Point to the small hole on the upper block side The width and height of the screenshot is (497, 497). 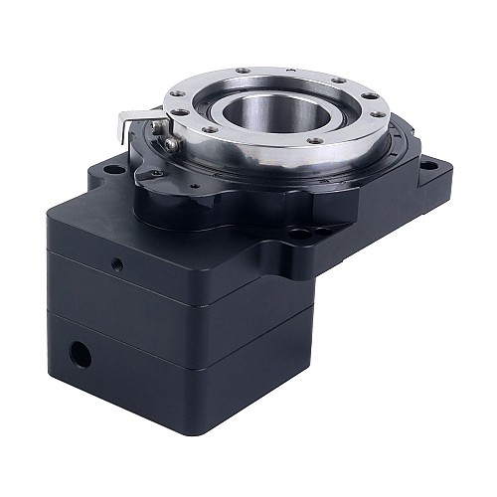116,265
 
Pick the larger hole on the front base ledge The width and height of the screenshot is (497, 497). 298,236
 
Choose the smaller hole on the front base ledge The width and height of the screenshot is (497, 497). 320,231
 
